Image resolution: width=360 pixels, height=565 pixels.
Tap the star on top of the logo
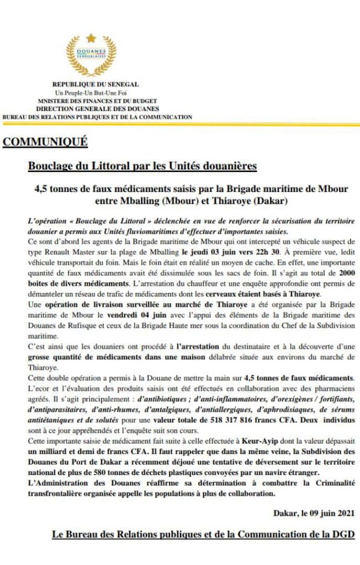92,38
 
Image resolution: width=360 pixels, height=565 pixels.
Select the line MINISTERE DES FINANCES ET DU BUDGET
97,101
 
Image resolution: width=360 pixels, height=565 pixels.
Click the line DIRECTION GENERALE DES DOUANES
97,109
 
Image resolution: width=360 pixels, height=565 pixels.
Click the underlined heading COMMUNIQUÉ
45,142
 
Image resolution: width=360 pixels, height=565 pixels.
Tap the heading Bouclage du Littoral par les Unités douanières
142,166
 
